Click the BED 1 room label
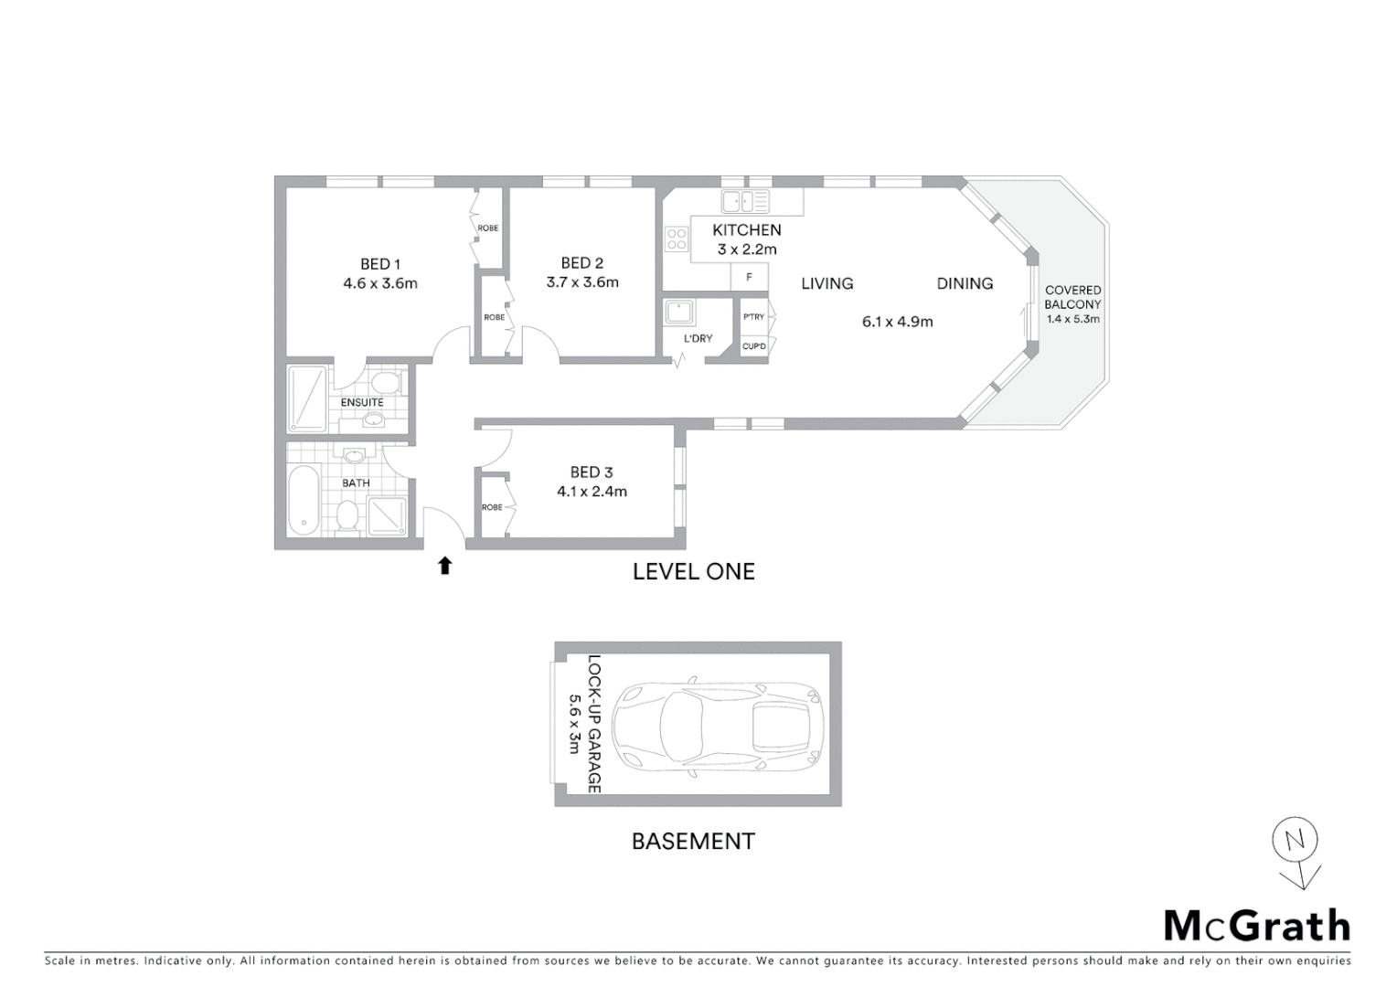tap(379, 264)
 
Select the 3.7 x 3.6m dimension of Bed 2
tap(582, 282)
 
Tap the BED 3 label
tap(591, 472)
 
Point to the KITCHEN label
tap(746, 230)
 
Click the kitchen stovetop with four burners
tap(677, 239)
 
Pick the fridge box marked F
tap(749, 277)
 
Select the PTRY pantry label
tap(753, 317)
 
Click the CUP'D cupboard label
tap(753, 346)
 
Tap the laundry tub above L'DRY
tap(678, 313)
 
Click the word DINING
tap(965, 283)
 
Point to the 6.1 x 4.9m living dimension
tap(897, 322)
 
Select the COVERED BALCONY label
tap(1072, 298)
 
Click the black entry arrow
tap(445, 566)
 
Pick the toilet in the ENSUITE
tap(387, 381)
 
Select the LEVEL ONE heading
tap(693, 572)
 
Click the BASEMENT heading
tap(693, 841)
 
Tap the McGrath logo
tap(1256, 926)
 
